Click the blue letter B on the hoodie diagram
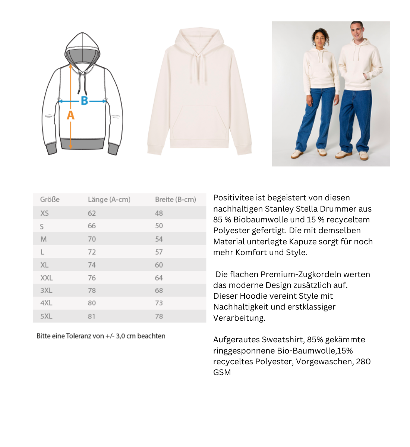coord(85,101)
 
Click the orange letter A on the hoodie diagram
coord(70,115)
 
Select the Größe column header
coord(50,200)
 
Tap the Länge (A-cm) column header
coord(109,200)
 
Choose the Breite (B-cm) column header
coord(176,200)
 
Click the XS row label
coord(45,213)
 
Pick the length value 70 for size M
coord(92,239)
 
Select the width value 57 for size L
coord(159,252)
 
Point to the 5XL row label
coord(46,316)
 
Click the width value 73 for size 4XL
coord(159,303)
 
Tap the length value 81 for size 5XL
coord(92,316)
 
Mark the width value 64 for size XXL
coord(159,278)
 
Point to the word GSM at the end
coord(222,372)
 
